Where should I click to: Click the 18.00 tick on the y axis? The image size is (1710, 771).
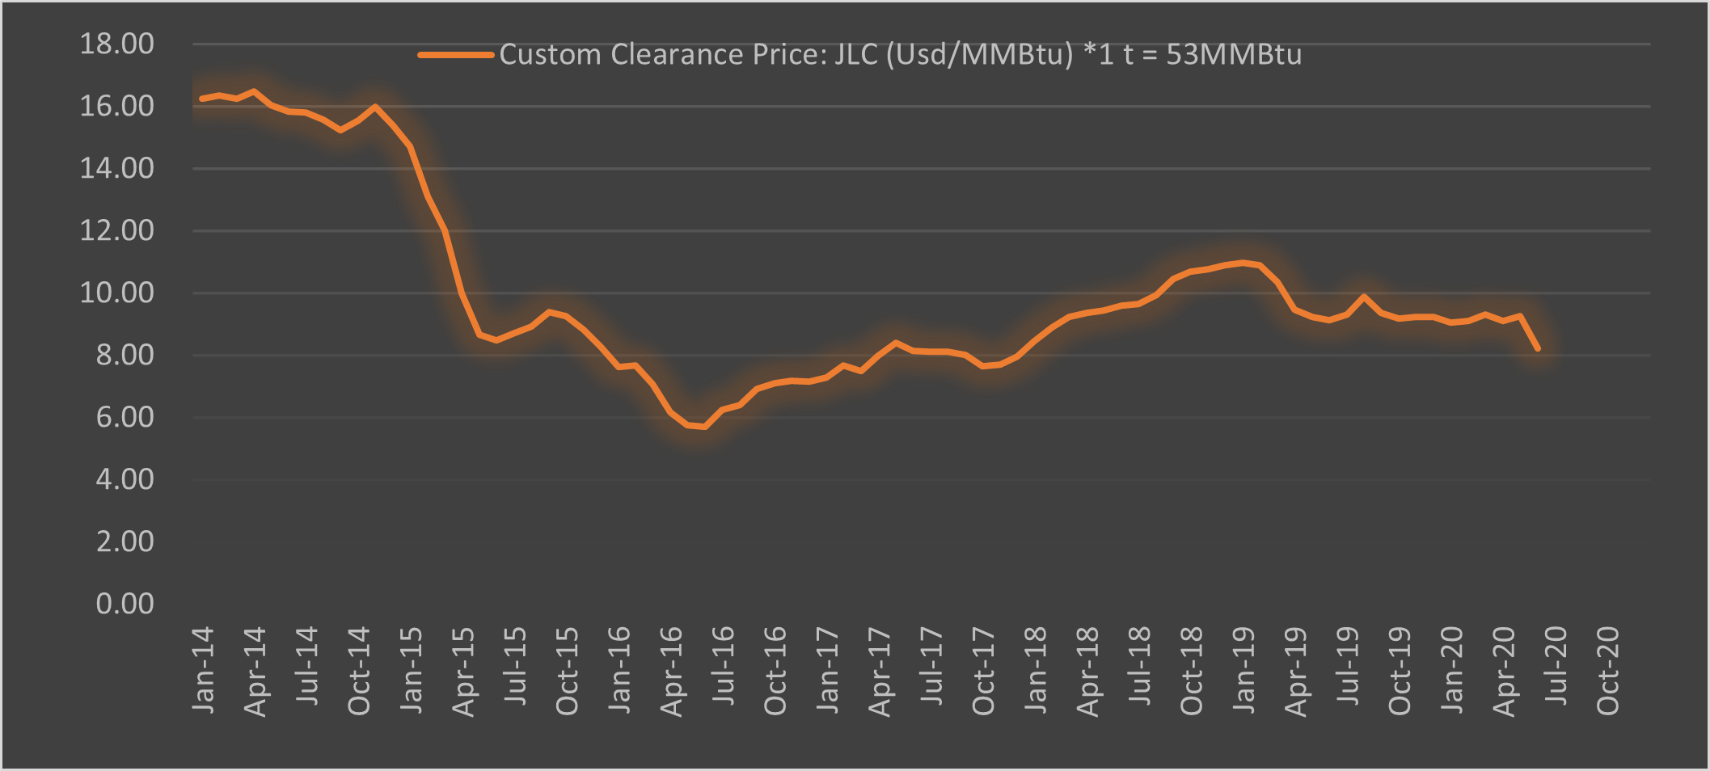coord(116,44)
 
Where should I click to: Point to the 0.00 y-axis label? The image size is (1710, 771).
coord(125,604)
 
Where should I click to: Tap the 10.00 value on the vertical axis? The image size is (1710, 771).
coord(116,293)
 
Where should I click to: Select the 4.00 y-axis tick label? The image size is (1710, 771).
coord(125,479)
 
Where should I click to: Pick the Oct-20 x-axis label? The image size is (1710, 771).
coord(1608,671)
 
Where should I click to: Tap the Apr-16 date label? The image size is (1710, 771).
coord(671,671)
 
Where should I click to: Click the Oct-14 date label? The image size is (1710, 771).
coord(359,671)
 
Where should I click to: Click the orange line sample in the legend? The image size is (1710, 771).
coord(455,55)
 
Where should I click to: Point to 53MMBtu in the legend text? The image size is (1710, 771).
coord(1234,55)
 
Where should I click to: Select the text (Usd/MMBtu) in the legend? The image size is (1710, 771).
coord(980,55)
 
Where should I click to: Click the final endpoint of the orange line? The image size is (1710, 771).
coord(1537,349)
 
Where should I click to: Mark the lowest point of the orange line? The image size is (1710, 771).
coord(705,427)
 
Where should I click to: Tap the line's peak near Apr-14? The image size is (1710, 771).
coord(254,91)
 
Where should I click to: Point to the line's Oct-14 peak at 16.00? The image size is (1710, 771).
coord(375,106)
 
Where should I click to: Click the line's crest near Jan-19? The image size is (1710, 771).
coord(1243,263)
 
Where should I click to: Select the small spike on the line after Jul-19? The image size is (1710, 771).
coord(1364,297)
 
